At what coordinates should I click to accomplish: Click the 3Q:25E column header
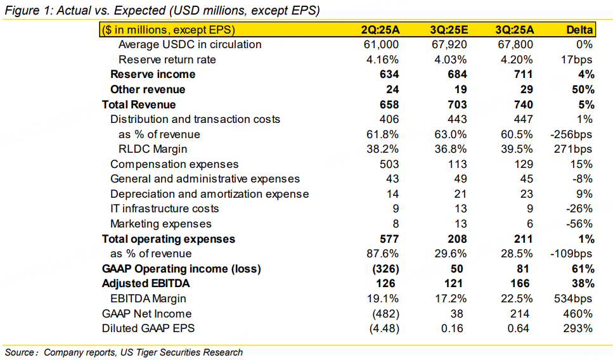click(x=449, y=29)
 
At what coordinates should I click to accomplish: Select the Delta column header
click(x=579, y=29)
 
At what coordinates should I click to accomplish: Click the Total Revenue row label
click(x=139, y=105)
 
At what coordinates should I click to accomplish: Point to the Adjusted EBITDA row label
click(x=146, y=283)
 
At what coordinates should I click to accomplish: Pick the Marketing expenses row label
click(x=161, y=224)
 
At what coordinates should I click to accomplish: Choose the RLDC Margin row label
click(x=152, y=149)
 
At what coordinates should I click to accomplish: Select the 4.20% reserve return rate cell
click(x=517, y=60)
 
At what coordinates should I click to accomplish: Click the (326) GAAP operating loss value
click(x=384, y=269)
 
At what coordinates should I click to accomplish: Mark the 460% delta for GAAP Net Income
click(x=579, y=314)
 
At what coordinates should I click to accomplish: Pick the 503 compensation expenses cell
click(x=390, y=164)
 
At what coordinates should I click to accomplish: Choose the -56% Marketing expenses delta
click(x=580, y=224)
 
